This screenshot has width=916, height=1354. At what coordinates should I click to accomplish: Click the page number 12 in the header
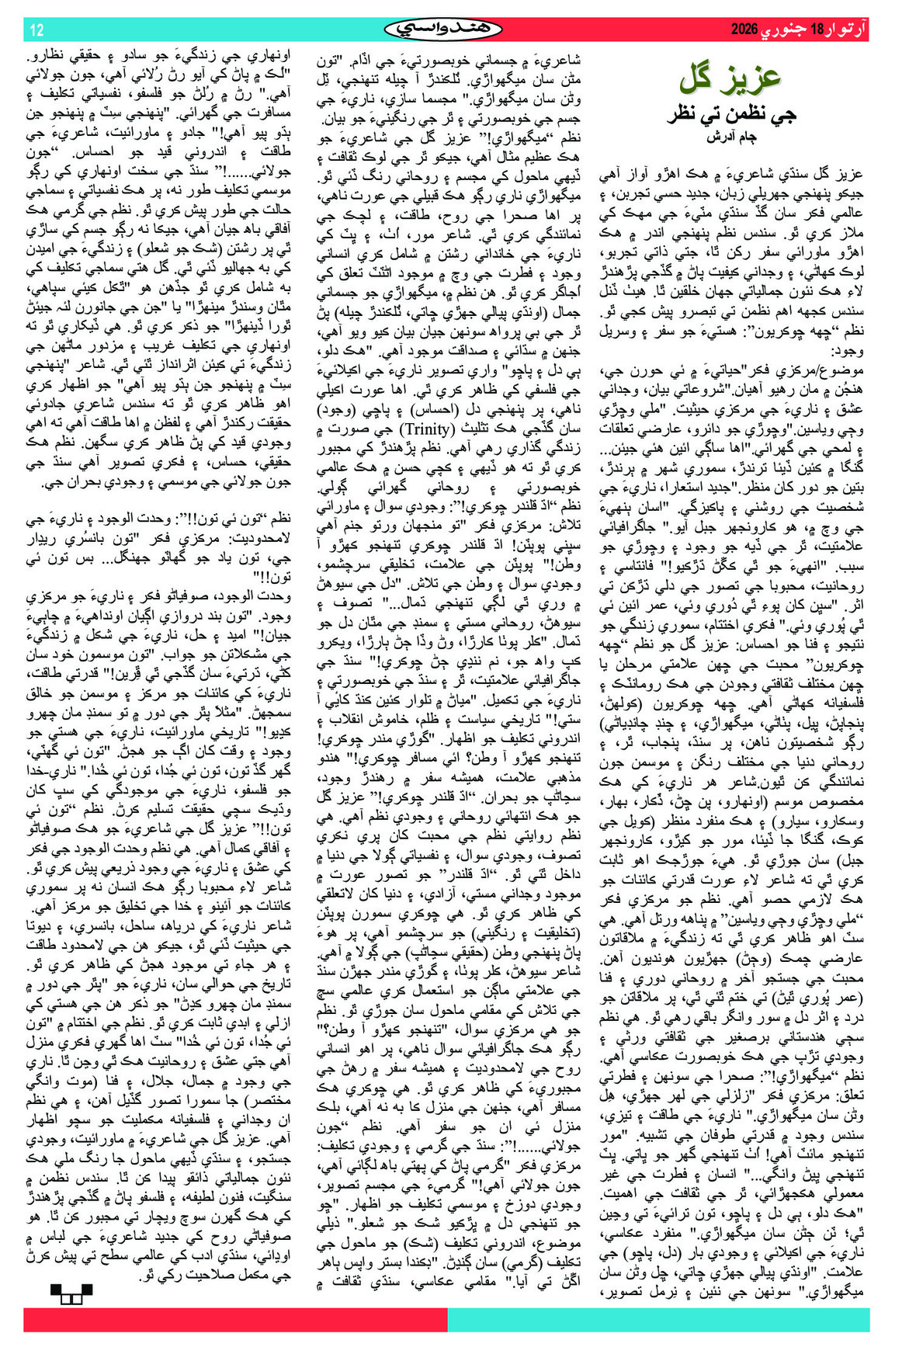coord(36,30)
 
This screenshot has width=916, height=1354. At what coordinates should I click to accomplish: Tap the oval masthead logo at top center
coord(443,30)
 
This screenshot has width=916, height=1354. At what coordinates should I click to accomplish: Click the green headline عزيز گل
coord(730,78)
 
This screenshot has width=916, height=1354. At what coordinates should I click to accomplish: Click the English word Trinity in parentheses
coord(426,429)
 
